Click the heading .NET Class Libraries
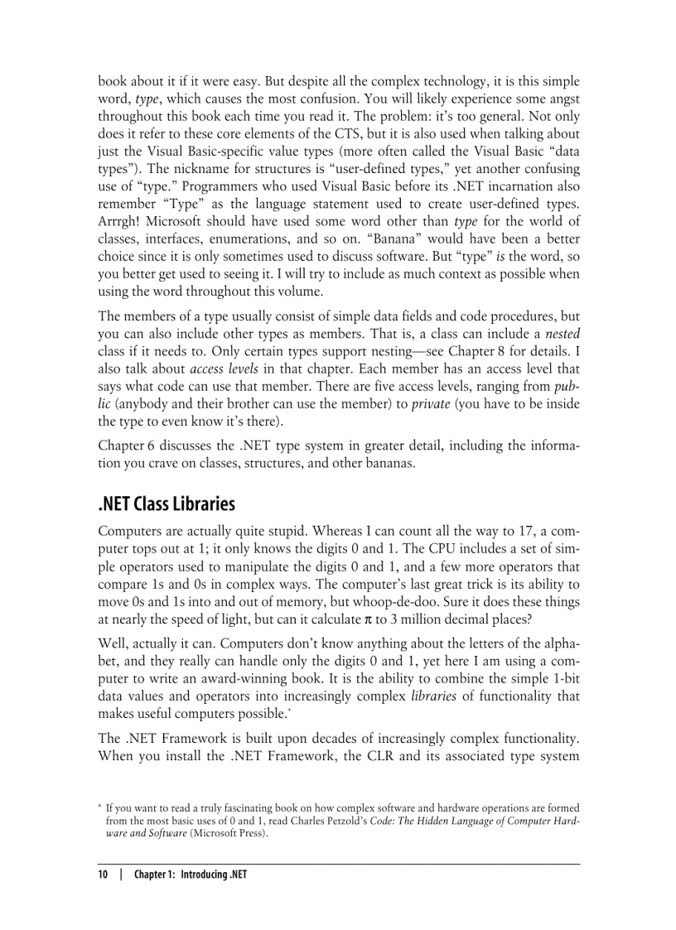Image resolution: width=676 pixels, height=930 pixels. pos(167,504)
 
